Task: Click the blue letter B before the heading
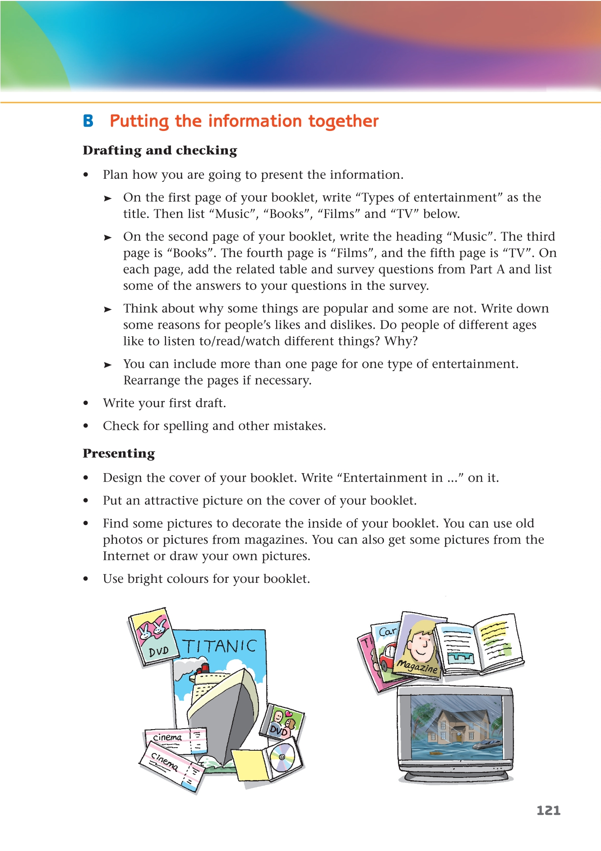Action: point(88,121)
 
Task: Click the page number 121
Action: point(548,810)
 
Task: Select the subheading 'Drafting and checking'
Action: point(160,150)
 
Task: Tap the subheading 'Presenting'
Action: point(119,453)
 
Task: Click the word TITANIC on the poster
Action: point(219,646)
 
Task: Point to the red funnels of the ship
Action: point(203,668)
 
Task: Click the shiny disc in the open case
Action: point(282,758)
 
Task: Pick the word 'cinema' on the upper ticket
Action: point(167,737)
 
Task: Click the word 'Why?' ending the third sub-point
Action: point(401,341)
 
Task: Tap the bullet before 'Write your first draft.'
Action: point(86,403)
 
